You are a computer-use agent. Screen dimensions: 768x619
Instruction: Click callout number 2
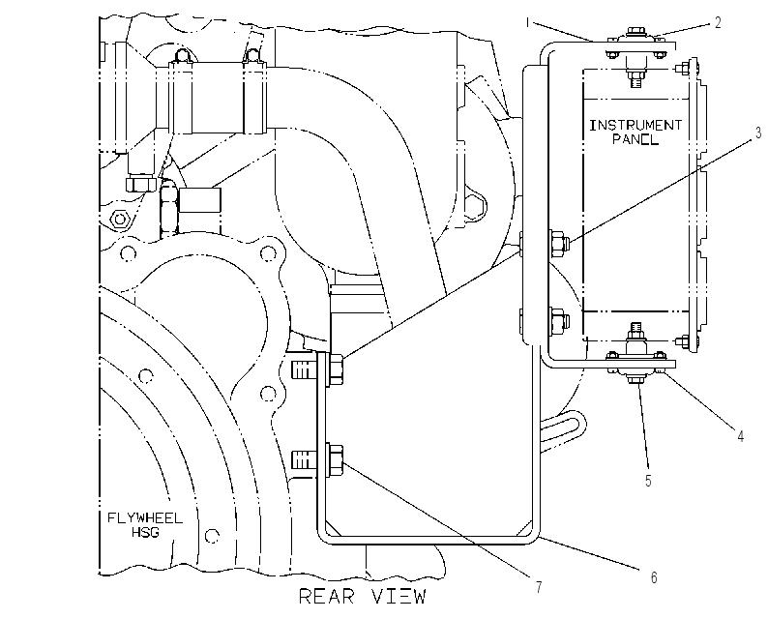pyautogui.click(x=718, y=22)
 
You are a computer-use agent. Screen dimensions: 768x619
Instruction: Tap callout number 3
pyautogui.click(x=758, y=133)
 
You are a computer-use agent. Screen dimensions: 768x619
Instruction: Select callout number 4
pyautogui.click(x=741, y=435)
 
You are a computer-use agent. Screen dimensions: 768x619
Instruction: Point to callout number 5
pyautogui.click(x=648, y=481)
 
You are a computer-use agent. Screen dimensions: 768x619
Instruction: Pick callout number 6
pyautogui.click(x=654, y=577)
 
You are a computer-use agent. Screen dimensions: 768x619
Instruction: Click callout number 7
pyautogui.click(x=539, y=587)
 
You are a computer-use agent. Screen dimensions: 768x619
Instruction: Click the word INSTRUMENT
pyautogui.click(x=635, y=126)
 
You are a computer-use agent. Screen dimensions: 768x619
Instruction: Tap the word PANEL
pyautogui.click(x=635, y=139)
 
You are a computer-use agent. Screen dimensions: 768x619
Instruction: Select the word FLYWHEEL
pyautogui.click(x=145, y=518)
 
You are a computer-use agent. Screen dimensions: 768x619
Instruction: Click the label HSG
pyautogui.click(x=145, y=532)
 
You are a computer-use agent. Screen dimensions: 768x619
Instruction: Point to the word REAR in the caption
pyautogui.click(x=327, y=597)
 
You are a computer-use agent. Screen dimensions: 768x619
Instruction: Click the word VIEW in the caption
pyautogui.click(x=399, y=597)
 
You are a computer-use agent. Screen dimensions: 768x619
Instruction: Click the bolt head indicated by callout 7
pyautogui.click(x=335, y=460)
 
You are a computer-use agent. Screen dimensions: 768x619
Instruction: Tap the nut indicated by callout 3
pyautogui.click(x=559, y=244)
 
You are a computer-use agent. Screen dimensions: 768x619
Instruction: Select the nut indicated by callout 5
pyautogui.click(x=635, y=380)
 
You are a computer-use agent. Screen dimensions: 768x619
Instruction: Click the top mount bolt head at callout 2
pyautogui.click(x=635, y=32)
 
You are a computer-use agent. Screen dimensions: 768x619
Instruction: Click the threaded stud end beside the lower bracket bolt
pyautogui.click(x=303, y=460)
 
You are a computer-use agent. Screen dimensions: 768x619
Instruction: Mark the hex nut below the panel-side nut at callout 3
pyautogui.click(x=559, y=322)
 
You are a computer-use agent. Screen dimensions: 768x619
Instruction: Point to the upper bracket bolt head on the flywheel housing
pyautogui.click(x=335, y=369)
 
